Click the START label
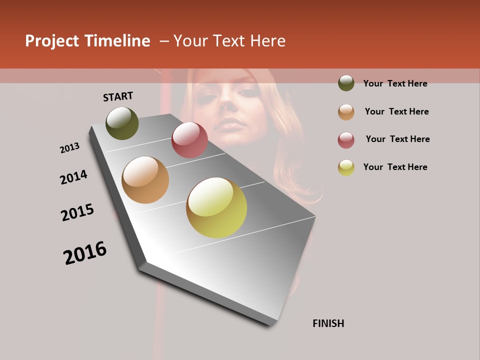118,96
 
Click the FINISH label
328,323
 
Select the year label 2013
69,148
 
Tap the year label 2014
73,177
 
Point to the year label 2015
77,212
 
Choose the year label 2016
85,253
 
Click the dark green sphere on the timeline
122,123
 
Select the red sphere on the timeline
189,139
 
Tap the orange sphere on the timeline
145,180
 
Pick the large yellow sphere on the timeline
216,207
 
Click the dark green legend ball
346,83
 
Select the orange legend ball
346,112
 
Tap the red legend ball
346,140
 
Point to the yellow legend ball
346,167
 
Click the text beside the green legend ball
395,83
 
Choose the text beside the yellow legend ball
395,167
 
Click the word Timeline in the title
117,41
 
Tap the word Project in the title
51,41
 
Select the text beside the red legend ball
397,139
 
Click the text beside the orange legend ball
396,111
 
